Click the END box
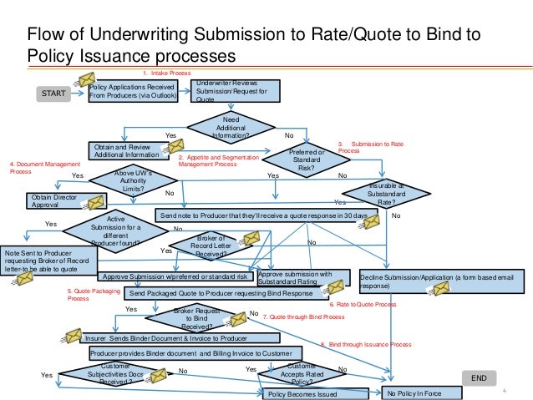(x=479, y=378)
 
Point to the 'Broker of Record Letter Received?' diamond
(x=209, y=247)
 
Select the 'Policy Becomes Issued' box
(x=302, y=393)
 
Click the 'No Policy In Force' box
(x=419, y=393)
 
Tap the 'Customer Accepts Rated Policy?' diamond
(x=301, y=373)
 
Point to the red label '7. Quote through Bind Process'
(x=303, y=317)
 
